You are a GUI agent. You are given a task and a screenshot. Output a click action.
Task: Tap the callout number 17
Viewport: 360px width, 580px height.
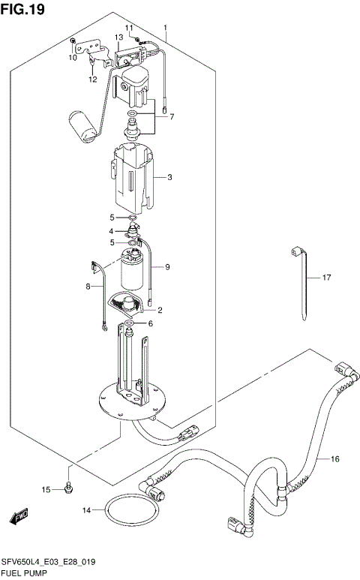(x=326, y=278)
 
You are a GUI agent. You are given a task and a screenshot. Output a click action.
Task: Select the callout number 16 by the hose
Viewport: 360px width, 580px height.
(x=334, y=458)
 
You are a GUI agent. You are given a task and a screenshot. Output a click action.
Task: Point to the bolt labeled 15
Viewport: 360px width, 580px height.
(x=69, y=488)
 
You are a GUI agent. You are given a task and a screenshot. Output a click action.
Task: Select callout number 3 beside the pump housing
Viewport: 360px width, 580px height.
(x=169, y=178)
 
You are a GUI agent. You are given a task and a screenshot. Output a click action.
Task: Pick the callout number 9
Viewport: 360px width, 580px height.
(x=168, y=266)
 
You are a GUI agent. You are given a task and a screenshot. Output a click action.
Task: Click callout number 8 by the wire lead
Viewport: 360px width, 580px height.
(x=87, y=287)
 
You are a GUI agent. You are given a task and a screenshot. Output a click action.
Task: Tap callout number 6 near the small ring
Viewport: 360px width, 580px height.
(x=149, y=323)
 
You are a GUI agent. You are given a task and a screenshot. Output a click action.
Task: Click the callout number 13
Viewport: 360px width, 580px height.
(x=118, y=37)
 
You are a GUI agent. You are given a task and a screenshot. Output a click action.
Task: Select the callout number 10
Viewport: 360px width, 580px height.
(x=73, y=57)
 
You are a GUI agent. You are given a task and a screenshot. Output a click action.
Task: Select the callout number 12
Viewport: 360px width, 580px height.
(x=92, y=79)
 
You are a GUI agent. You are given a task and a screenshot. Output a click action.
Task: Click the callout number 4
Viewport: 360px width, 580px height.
(x=111, y=230)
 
